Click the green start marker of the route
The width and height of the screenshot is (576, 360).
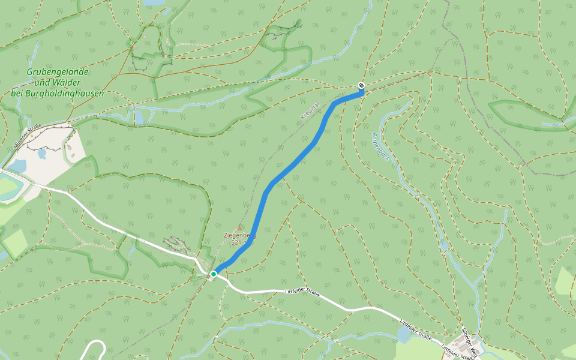[213, 274]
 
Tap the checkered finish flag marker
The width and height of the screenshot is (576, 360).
[361, 85]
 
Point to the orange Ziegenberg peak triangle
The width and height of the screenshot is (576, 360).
[241, 227]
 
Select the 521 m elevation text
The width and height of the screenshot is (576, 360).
[242, 244]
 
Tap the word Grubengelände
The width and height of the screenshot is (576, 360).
[58, 72]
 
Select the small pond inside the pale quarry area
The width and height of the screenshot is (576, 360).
[41, 154]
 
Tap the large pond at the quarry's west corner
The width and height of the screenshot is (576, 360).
[17, 165]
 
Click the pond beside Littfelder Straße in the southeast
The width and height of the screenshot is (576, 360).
[404, 334]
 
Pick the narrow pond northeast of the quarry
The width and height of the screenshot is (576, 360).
[139, 116]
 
